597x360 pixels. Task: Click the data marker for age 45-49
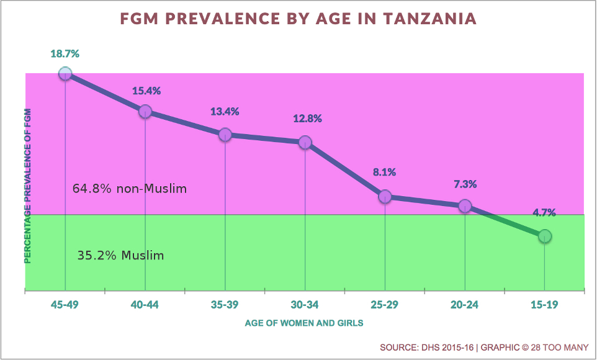(x=65, y=74)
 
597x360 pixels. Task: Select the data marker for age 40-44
(x=145, y=111)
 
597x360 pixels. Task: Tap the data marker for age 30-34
(x=305, y=142)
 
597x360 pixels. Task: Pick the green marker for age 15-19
(x=544, y=236)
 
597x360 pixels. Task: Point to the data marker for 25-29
(x=385, y=196)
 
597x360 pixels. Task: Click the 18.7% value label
(x=65, y=54)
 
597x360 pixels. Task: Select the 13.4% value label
(x=225, y=112)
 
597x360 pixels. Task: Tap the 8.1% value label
(x=385, y=173)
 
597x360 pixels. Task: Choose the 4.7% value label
(x=544, y=212)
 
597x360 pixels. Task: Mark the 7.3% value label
(x=464, y=184)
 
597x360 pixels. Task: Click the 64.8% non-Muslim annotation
(x=129, y=188)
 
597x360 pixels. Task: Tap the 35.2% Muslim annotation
(x=120, y=255)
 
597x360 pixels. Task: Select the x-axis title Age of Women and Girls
(x=304, y=323)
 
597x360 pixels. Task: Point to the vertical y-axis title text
(x=28, y=186)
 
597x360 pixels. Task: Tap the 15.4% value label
(x=146, y=91)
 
